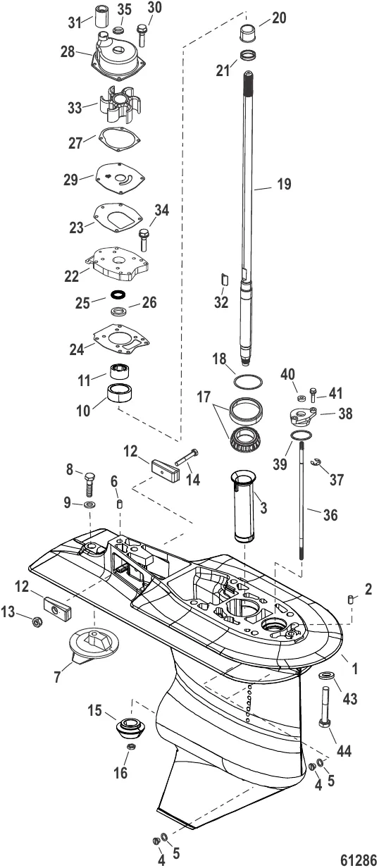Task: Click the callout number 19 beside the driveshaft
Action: pyautogui.click(x=282, y=185)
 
